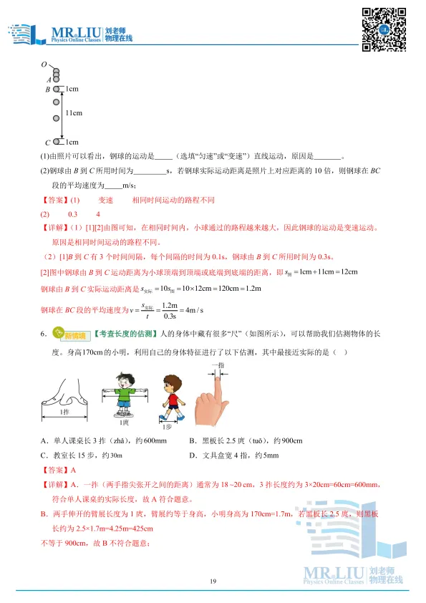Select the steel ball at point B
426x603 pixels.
click(x=57, y=90)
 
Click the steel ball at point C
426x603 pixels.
click(x=57, y=142)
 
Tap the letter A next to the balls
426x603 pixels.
click(x=49, y=79)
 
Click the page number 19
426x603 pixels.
click(x=213, y=581)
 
